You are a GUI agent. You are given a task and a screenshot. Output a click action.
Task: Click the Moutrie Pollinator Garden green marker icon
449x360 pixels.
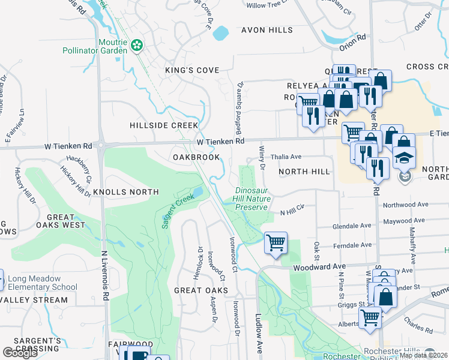[137, 44]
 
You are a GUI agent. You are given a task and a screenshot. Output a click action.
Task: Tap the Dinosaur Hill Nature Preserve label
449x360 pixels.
[250, 199]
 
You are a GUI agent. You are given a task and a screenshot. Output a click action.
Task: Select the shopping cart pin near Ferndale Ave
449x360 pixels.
[276, 244]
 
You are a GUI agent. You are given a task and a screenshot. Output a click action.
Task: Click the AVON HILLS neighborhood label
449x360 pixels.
[267, 30]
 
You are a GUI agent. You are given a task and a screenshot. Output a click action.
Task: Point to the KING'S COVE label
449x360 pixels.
[192, 70]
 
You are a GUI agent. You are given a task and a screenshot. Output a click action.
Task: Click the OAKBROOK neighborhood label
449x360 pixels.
[194, 157]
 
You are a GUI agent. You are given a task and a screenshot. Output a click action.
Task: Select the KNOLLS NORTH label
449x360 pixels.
[125, 192]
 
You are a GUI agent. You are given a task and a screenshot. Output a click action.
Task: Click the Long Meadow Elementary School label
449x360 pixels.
[39, 283]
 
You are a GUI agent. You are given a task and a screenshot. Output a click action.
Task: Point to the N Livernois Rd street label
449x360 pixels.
[104, 277]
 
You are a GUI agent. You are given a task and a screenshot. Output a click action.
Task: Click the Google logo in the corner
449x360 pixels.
[20, 353]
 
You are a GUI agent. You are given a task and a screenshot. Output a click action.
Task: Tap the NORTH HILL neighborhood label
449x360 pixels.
[304, 172]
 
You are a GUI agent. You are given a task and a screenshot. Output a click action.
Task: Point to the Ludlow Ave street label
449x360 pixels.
[259, 333]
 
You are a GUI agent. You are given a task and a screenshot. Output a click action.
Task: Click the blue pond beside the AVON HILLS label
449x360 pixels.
[220, 32]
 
